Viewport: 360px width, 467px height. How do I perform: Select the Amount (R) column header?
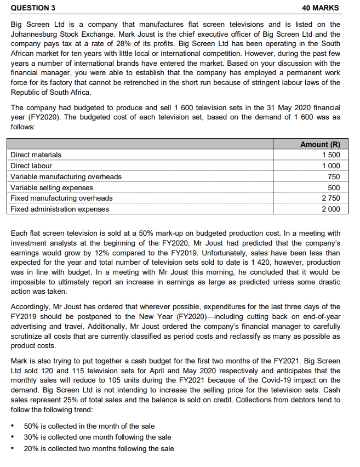pos(321,144)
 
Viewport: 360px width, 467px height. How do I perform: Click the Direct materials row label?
pos(36,155)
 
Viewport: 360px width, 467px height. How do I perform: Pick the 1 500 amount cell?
pos(331,155)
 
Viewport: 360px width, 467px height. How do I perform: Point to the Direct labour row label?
pos(32,166)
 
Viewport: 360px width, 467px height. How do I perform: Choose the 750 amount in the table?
pos(334,176)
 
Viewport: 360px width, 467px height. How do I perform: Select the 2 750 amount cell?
pos(331,198)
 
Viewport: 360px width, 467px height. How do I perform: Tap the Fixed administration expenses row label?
pos(60,209)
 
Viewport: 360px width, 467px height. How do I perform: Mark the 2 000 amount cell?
pos(331,209)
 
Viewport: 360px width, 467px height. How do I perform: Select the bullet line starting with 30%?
pos(98,437)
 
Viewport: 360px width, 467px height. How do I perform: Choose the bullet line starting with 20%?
pos(99,448)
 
